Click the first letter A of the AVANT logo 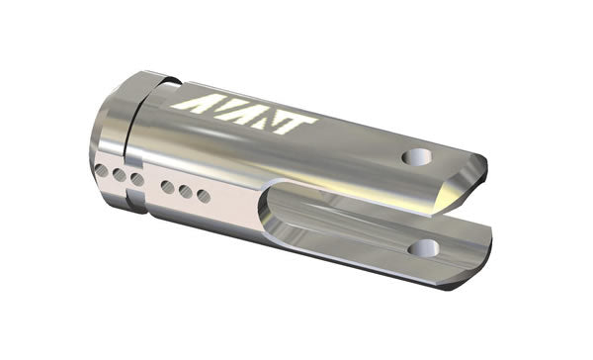190,103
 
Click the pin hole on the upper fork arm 417,156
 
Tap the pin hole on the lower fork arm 424,248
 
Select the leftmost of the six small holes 102,171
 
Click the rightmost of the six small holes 204,196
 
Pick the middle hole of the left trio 120,175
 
